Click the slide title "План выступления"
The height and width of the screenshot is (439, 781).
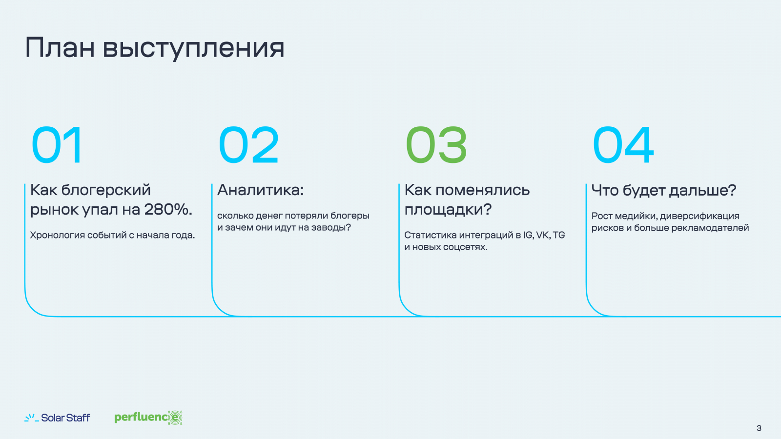tap(155, 48)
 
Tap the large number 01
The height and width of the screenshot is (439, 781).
tap(57, 144)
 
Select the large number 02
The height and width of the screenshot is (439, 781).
tap(248, 144)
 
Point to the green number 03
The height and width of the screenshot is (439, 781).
tap(436, 144)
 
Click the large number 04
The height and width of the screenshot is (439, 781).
tap(623, 144)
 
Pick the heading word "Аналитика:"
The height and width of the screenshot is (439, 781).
tap(261, 190)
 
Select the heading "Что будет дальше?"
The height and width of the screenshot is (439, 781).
tap(664, 191)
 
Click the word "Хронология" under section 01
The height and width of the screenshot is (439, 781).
tap(57, 236)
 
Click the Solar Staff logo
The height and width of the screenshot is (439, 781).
tap(57, 418)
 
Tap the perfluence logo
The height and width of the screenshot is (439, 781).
tap(148, 418)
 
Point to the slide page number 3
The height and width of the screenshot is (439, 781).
tap(759, 428)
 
